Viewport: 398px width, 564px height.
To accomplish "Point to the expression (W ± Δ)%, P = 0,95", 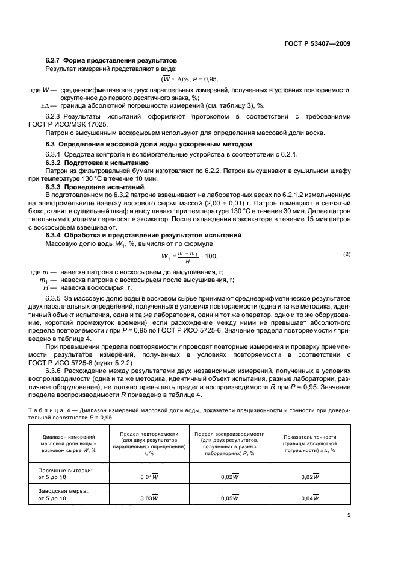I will pos(189,79).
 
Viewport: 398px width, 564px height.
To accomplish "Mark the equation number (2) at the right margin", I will pos(347,237).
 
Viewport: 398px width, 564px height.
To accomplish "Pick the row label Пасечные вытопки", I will pos(66,469).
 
